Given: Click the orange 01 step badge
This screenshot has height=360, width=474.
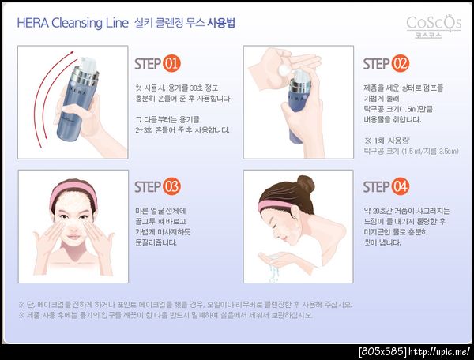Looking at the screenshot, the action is pos(171,64).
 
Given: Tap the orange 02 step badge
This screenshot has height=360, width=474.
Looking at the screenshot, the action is pos(401,64).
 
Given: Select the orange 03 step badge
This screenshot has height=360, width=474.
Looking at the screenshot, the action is pos(171,186).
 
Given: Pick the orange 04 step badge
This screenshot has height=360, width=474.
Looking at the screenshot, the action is pos(401,186).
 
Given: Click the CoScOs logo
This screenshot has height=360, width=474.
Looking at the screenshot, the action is pos(434,27).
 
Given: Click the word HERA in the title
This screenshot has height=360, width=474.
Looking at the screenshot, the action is pos(32,23).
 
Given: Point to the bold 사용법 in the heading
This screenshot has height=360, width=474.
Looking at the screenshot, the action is pos(221,23).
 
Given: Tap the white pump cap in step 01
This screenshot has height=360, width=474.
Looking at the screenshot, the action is pos(88,65).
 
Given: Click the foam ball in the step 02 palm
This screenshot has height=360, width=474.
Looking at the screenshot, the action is pos(284,70).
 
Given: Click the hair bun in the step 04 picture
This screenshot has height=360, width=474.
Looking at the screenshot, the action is pos(305,184).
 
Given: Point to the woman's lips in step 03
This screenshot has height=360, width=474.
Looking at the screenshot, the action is pos(73,237).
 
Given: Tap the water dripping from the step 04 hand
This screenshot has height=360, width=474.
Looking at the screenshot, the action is pos(273,272).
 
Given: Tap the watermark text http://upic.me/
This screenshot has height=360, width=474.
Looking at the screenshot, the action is pos(439,352).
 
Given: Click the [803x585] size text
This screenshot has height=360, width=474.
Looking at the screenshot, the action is pos(383,352).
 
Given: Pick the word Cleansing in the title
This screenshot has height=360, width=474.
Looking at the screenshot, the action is pos(77,24).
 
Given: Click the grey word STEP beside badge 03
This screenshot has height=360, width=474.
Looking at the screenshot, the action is pos(148,186).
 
